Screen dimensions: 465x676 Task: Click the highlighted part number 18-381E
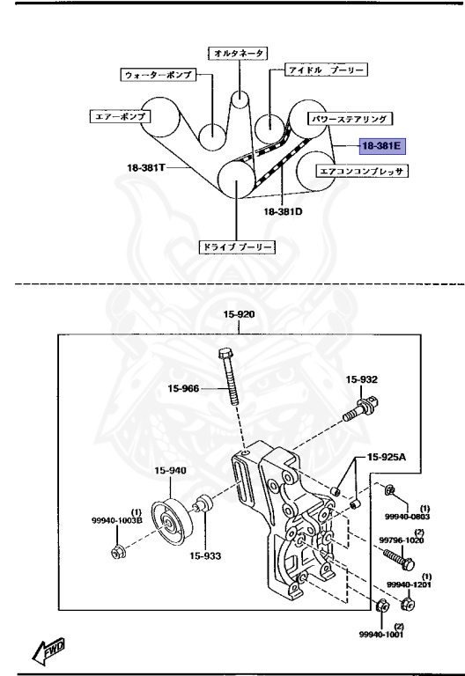[382, 146]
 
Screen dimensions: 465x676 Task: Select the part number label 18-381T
[146, 167]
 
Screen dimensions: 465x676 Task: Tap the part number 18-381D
[283, 211]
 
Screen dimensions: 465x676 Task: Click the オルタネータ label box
[239, 53]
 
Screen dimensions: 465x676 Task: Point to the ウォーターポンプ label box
[158, 75]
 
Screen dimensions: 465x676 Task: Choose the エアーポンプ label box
[121, 116]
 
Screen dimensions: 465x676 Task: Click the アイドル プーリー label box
[326, 70]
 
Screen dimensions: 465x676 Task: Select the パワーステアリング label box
[350, 119]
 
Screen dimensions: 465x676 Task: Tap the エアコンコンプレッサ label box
[361, 171]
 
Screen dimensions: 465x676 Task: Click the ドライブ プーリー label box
[237, 247]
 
